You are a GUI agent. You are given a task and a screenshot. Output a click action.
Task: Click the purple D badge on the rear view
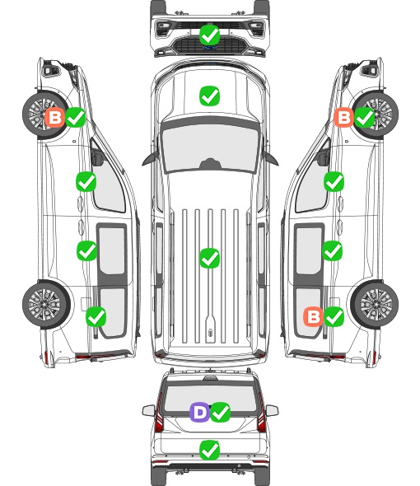[199, 412]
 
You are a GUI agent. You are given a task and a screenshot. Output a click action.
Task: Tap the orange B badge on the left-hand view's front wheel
[55, 118]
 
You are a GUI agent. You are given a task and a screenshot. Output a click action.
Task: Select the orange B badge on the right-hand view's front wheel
[343, 117]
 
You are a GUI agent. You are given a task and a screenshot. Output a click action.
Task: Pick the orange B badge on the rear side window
[314, 316]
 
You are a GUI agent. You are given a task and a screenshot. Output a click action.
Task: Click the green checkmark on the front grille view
[210, 35]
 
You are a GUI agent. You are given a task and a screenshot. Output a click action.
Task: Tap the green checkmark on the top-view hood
[210, 96]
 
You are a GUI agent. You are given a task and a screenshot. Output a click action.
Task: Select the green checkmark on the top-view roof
[210, 258]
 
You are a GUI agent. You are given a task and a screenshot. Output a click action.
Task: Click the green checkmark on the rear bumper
[210, 450]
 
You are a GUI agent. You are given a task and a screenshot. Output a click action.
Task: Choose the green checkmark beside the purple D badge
[221, 412]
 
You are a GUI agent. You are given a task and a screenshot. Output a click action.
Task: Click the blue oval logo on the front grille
[210, 48]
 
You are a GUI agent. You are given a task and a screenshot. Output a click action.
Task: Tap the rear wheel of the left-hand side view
[45, 305]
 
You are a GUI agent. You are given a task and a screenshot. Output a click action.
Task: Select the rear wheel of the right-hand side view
[375, 305]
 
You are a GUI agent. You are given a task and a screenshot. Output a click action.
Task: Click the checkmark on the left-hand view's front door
[86, 181]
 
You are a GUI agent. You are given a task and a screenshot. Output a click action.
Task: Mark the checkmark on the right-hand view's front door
[334, 181]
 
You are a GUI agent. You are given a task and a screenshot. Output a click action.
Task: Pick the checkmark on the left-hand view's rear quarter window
[96, 316]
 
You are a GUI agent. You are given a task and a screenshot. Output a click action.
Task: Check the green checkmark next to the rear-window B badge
[334, 316]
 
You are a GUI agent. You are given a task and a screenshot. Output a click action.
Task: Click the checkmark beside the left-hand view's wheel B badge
[76, 118]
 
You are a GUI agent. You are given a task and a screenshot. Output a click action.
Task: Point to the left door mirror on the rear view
[148, 410]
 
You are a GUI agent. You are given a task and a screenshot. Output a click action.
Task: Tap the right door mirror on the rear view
[272, 410]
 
